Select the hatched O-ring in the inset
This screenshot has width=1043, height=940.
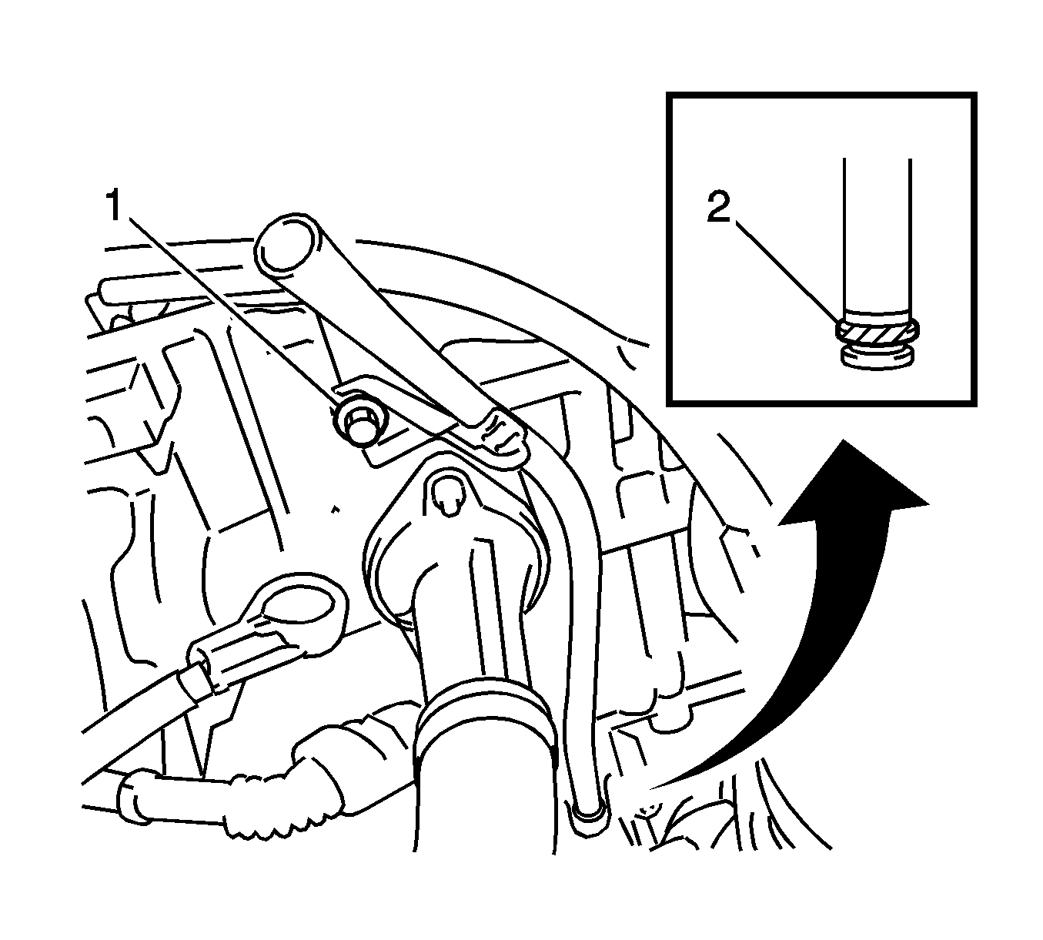tap(878, 333)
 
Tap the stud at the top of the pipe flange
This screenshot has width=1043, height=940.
tap(446, 495)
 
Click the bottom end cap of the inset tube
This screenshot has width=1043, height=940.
tap(878, 359)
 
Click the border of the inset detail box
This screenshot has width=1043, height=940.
tap(821, 95)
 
